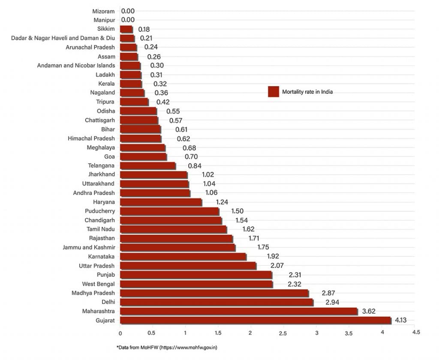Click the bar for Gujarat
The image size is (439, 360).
[x=256, y=320]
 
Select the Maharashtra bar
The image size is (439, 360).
[x=239, y=311]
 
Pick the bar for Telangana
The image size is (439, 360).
[x=148, y=166]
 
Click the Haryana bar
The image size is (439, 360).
[x=161, y=202]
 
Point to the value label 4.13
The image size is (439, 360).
[x=402, y=320]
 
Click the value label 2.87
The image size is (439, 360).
[x=328, y=293]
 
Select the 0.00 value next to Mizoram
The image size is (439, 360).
[x=128, y=11]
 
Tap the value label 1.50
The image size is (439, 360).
[x=238, y=211]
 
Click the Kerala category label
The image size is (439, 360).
[x=106, y=84]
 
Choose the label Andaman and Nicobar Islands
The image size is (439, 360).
[x=76, y=66]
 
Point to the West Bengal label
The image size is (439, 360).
[x=98, y=284]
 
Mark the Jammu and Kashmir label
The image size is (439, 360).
[x=88, y=247]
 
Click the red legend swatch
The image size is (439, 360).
[x=274, y=92]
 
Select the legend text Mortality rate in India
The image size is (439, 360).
[x=307, y=92]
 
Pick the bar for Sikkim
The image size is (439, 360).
[x=126, y=29]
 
